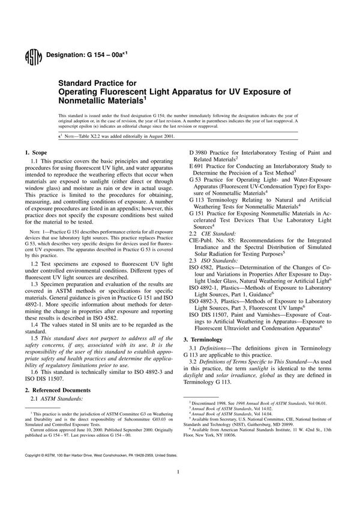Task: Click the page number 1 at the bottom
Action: click(180, 489)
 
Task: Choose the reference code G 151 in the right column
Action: click(199, 214)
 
